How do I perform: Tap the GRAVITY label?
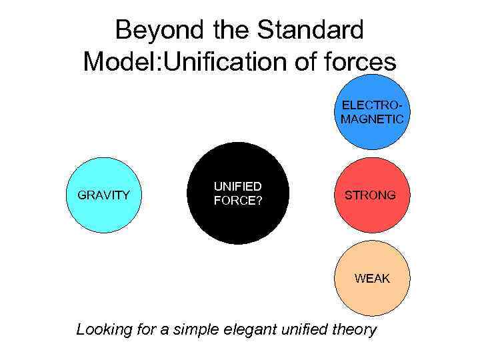[104, 195]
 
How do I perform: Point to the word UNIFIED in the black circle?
[237, 187]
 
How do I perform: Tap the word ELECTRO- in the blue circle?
[372, 106]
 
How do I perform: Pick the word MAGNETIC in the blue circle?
[372, 119]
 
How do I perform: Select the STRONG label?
[370, 195]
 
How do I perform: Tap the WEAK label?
[372, 279]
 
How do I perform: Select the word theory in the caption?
[355, 330]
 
